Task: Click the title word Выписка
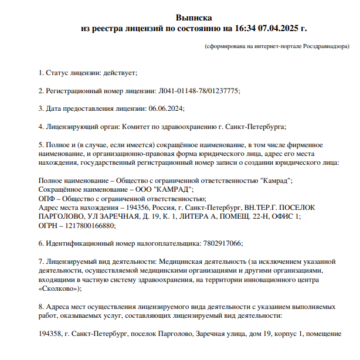194,18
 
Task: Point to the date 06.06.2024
166,108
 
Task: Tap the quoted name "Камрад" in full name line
273,181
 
